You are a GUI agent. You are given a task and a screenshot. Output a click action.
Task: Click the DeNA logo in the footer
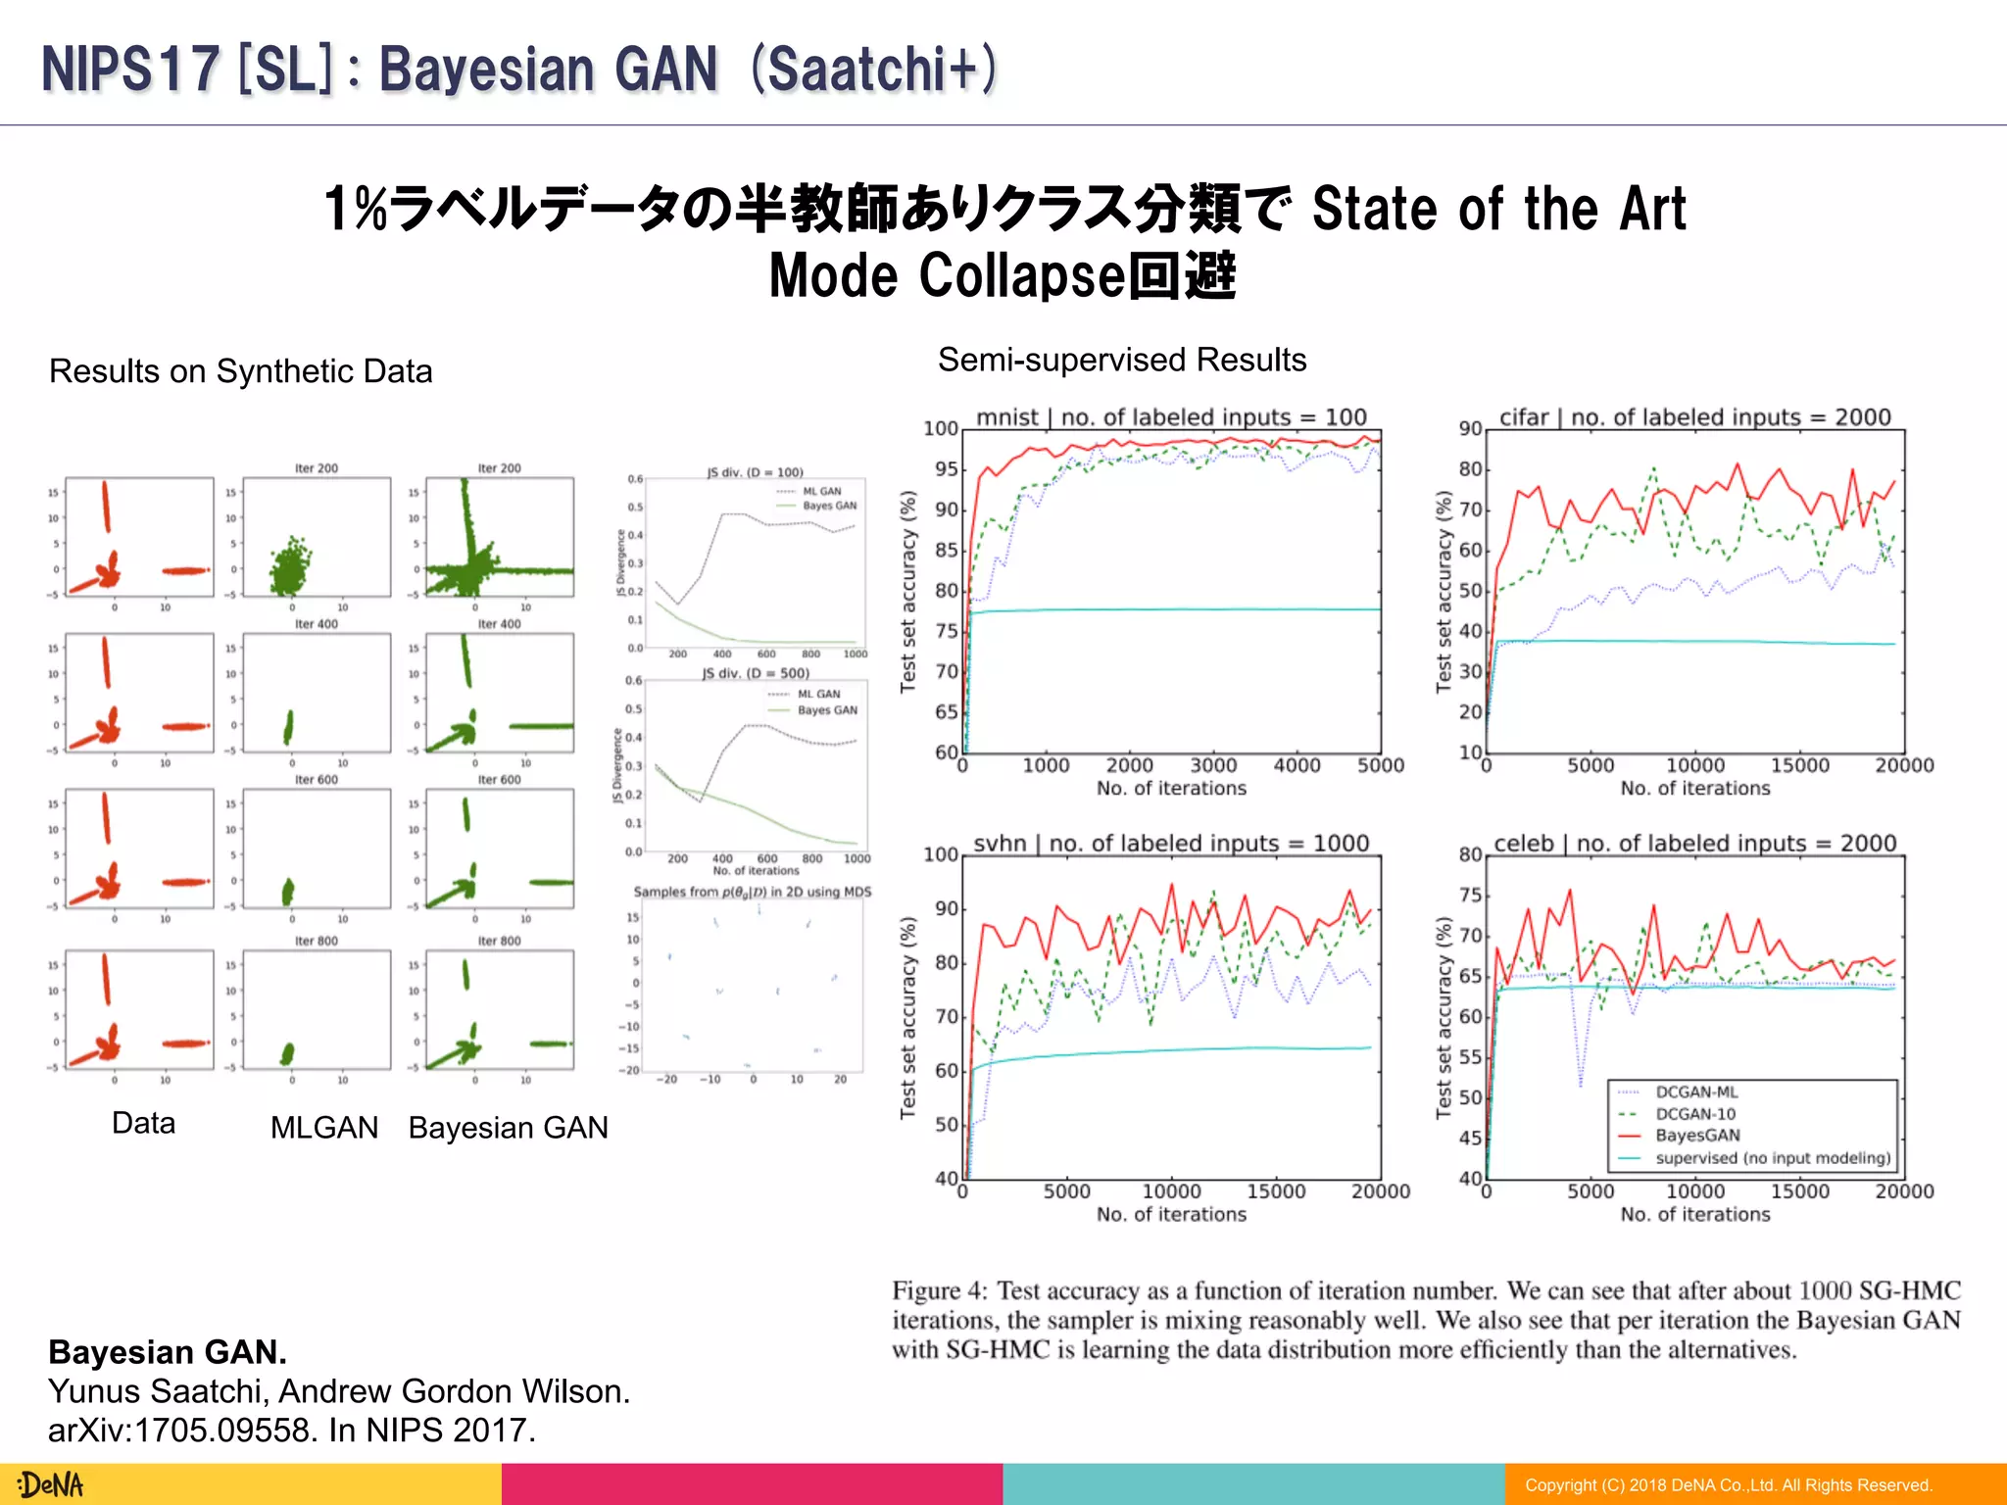51,1484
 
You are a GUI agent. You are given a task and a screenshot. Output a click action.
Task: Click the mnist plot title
1171,416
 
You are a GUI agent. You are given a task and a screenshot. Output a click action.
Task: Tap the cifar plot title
1694,416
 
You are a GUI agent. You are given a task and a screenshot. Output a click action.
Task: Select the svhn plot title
1171,843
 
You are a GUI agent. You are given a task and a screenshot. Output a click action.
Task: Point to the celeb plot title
1694,843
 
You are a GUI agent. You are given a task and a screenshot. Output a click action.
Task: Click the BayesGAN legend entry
1697,1135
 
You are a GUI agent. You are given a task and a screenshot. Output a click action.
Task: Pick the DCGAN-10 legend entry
1694,1113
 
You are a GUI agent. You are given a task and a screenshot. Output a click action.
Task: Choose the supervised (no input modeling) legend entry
1772,1157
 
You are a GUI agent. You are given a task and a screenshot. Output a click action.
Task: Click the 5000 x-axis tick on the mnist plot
1380,765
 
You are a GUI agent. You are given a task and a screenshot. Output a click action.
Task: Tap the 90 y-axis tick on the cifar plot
1470,428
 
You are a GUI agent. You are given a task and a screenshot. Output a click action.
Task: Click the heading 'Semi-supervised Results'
1122,360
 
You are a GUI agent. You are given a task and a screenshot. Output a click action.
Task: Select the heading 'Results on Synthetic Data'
240,371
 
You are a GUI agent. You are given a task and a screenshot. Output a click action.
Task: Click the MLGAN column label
324,1128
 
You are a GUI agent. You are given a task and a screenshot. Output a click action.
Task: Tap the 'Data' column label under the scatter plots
143,1123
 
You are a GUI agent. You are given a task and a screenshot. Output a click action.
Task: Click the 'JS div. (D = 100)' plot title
755,472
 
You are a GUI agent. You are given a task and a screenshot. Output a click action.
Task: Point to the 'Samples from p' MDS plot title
752,892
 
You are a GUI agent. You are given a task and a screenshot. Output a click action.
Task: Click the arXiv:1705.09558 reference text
291,1431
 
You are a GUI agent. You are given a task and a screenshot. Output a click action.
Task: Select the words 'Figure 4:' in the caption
940,1290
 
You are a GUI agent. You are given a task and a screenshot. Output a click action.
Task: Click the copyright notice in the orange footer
1728,1485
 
